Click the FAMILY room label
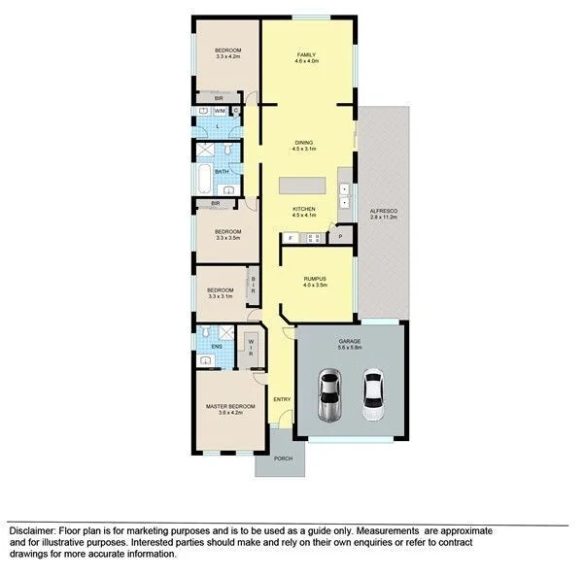tap(307, 53)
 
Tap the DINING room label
tap(304, 143)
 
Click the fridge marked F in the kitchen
tap(290, 237)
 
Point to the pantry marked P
tap(341, 234)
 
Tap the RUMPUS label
tap(313, 279)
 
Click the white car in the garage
tap(373, 395)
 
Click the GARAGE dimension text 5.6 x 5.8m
tap(350, 348)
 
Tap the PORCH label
tap(283, 458)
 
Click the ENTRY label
tap(282, 399)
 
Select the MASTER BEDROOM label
tap(229, 406)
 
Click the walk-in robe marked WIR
tap(250, 348)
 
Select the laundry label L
tap(216, 127)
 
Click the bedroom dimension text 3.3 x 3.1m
tap(220, 295)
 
